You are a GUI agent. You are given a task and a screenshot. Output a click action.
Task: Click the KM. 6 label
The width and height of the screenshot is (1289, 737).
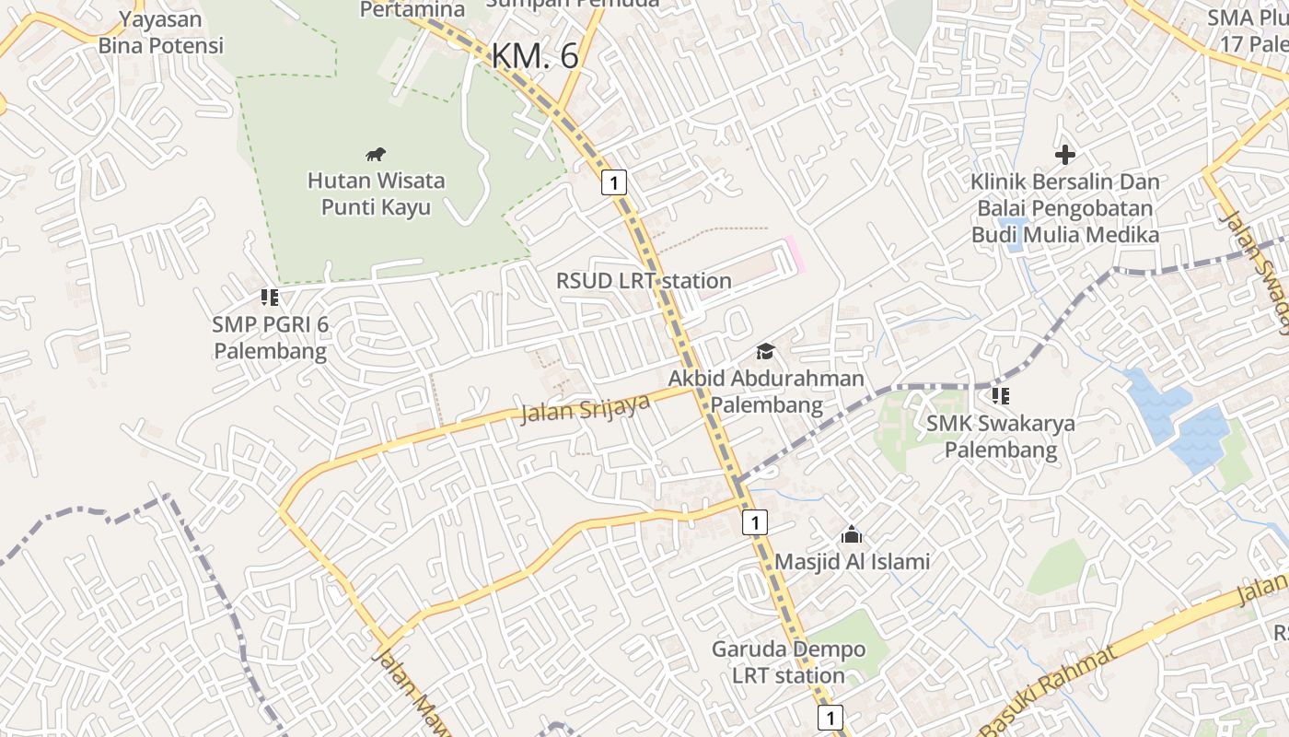(x=535, y=56)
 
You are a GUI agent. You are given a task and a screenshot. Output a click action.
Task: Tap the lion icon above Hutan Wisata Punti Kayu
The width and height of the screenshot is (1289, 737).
(x=375, y=154)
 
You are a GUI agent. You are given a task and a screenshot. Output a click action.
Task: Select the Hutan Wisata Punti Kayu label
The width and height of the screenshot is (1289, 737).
(x=376, y=193)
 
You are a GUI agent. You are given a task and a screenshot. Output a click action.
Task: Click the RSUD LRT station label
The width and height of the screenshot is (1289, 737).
(x=644, y=280)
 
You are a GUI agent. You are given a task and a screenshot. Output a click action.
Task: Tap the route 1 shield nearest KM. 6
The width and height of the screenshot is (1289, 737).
(x=614, y=182)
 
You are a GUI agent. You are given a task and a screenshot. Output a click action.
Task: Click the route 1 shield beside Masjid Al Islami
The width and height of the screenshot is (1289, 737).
(x=754, y=522)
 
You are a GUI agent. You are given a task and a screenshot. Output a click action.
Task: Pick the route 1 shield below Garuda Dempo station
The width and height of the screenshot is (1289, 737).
(x=830, y=718)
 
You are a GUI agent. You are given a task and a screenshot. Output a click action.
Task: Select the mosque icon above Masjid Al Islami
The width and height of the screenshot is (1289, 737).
(x=852, y=534)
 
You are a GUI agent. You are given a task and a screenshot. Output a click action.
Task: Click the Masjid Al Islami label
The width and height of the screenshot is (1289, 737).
(x=852, y=561)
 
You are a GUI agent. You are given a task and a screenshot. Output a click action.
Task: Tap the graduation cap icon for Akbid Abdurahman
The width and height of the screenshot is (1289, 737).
(x=765, y=351)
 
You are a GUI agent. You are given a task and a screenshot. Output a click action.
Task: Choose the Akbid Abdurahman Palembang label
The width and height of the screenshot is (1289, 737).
(x=766, y=392)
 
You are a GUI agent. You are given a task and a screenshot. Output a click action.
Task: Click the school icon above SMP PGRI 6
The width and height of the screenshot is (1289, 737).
(x=270, y=297)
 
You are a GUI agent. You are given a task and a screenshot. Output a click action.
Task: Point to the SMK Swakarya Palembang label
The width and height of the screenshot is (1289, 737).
(x=1000, y=437)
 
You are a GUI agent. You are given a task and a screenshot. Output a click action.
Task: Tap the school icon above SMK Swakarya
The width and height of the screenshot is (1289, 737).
(x=1001, y=396)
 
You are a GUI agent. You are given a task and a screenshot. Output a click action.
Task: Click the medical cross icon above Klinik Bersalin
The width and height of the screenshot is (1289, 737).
(x=1065, y=155)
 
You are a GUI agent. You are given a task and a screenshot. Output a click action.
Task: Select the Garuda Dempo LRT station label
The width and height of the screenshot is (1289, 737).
(x=788, y=661)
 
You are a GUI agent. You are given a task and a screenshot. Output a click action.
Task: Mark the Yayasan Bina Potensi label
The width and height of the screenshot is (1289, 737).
(x=161, y=31)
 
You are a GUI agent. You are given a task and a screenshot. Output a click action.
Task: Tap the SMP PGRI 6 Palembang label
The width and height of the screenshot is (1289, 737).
(x=270, y=337)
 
